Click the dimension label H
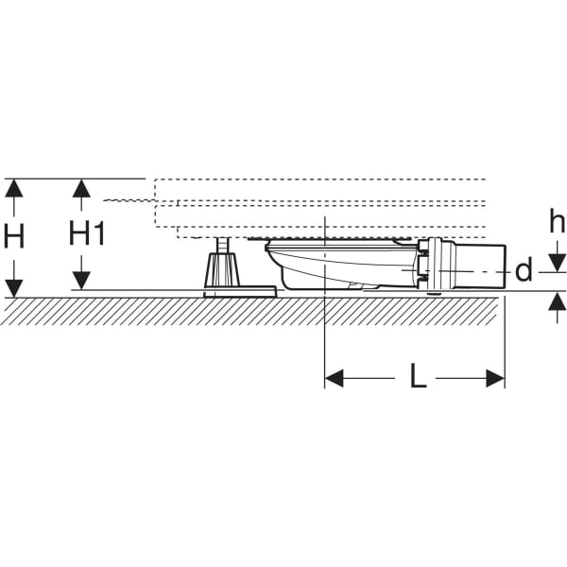pos(13,236)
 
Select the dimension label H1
pos(87,233)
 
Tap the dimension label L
pos(418,378)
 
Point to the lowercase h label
pos(558,223)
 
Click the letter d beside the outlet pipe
pos(524,271)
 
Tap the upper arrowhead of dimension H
pos(13,187)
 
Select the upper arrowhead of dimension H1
pos(82,187)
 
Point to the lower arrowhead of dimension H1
pos(82,281)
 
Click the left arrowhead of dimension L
pos(334,378)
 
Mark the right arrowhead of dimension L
pos(495,378)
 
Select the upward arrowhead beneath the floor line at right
pos(558,301)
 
